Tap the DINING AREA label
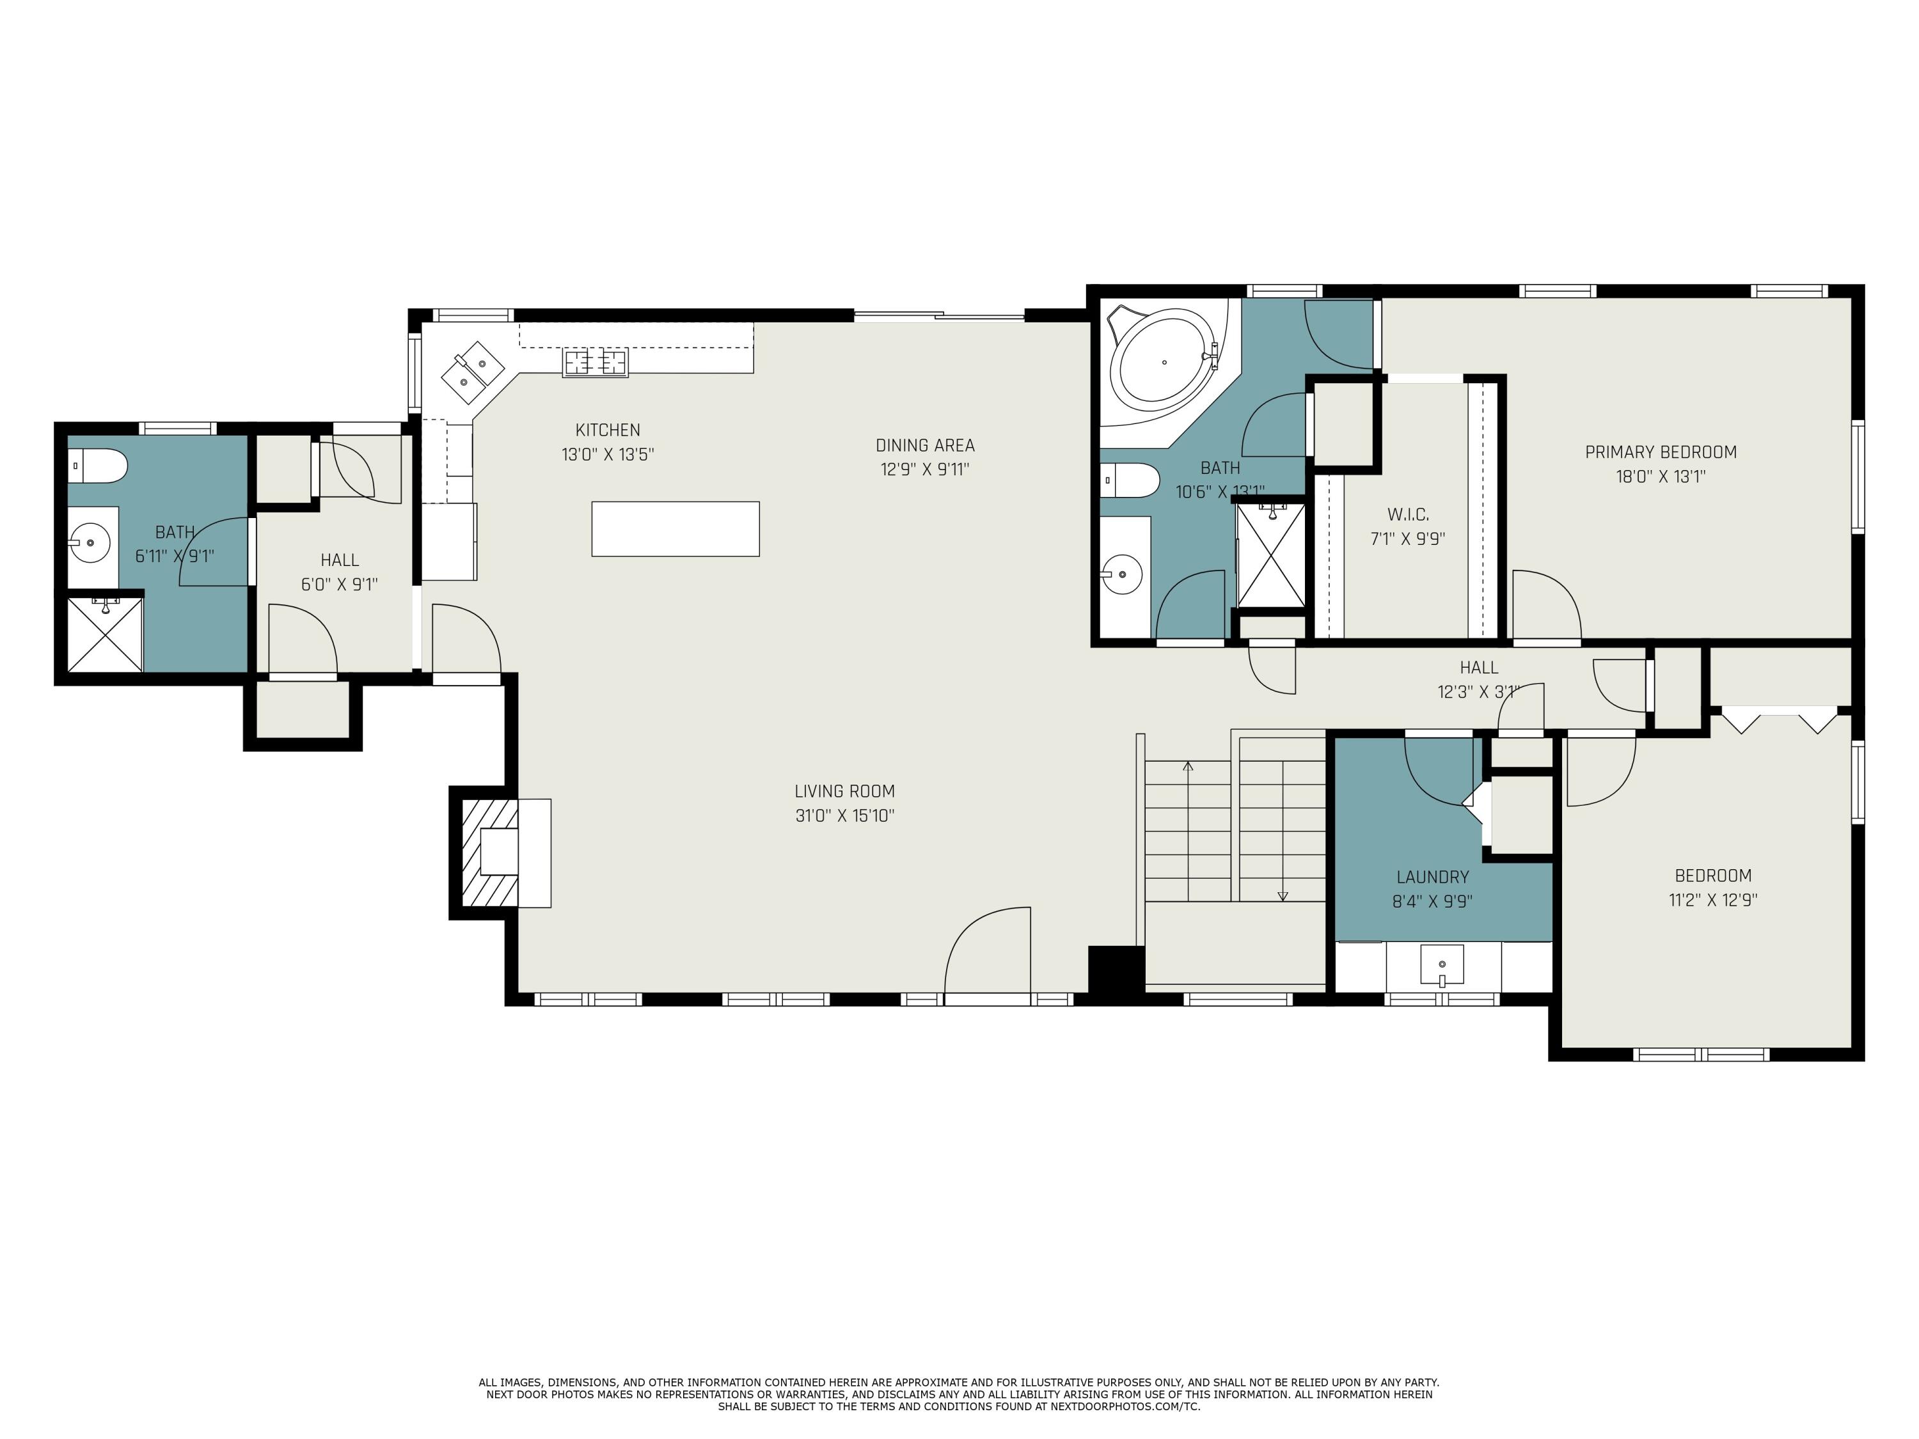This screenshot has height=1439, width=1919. click(925, 446)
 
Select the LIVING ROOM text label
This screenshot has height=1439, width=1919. click(844, 791)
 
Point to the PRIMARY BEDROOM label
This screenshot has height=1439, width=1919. click(1661, 452)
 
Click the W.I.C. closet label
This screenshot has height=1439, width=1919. click(1407, 514)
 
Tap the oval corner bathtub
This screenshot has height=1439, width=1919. click(1164, 363)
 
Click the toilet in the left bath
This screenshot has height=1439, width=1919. click(98, 466)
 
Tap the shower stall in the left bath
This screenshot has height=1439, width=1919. click(105, 634)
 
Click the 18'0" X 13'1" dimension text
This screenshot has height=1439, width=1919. click(1661, 476)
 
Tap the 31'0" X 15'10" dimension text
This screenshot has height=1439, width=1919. click(844, 815)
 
